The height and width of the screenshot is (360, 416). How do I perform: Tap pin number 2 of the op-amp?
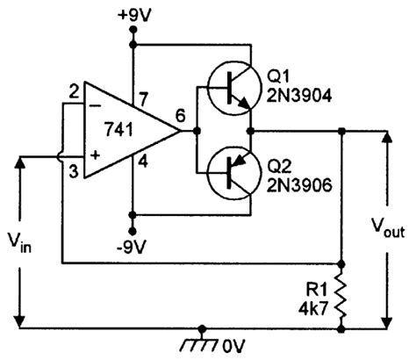click(x=75, y=90)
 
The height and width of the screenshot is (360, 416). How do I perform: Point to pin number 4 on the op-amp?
click(x=142, y=161)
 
